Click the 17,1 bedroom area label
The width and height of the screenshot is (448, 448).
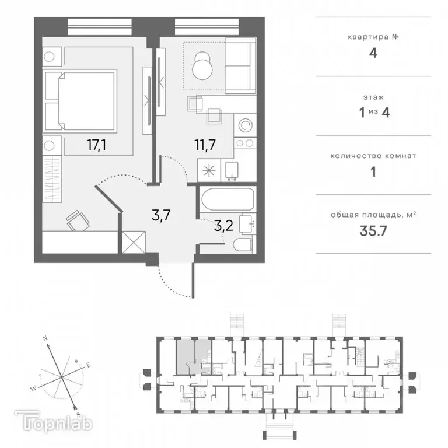(97, 145)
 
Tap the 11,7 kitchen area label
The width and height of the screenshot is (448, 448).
(205, 145)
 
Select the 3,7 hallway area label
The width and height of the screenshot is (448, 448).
(161, 215)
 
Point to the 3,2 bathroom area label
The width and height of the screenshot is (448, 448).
(223, 226)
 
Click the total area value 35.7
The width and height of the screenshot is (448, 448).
(373, 231)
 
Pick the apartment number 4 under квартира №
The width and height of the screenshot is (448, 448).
(373, 54)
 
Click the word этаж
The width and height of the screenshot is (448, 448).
(373, 97)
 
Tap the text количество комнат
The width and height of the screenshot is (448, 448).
(373, 156)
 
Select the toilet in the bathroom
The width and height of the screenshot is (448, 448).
(243, 244)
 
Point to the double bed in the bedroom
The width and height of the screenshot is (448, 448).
(81, 100)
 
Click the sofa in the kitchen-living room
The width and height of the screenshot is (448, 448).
(240, 66)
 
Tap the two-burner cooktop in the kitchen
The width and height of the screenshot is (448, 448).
(244, 143)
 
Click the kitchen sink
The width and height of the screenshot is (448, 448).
(232, 170)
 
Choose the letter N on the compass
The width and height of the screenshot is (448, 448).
(45, 338)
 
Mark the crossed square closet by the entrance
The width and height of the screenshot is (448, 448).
(134, 242)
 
